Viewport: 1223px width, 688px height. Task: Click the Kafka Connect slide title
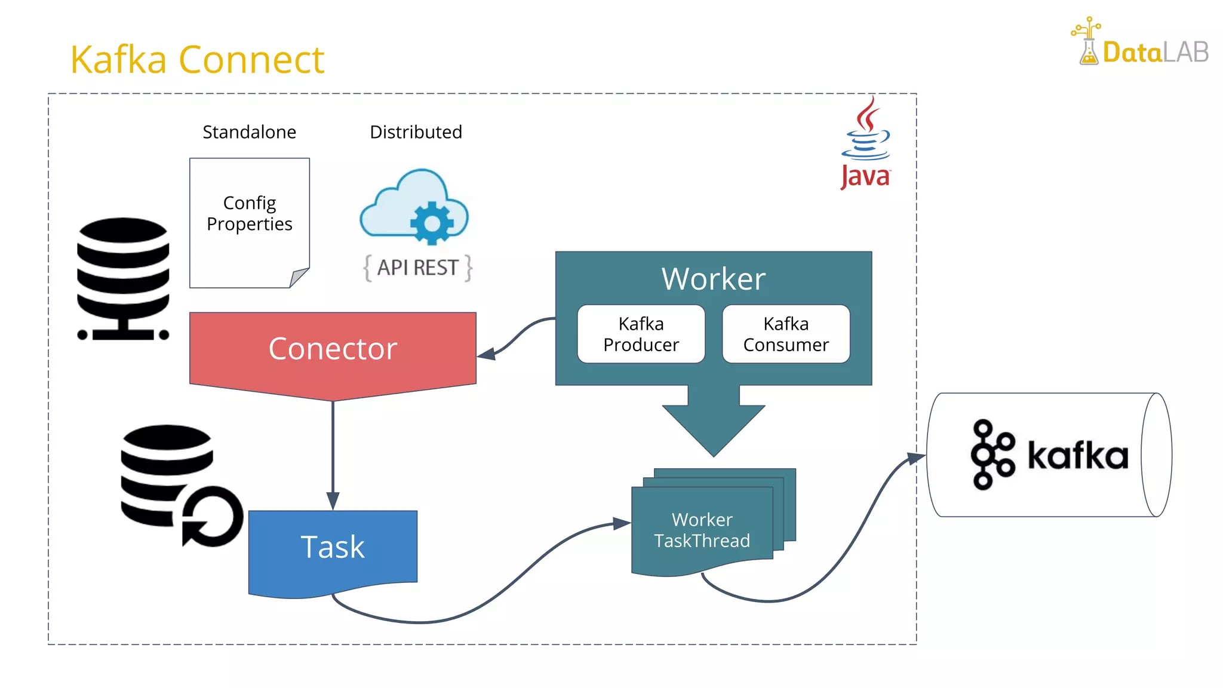tap(197, 60)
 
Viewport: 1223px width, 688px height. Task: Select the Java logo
tap(865, 143)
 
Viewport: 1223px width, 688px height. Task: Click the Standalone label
tap(249, 132)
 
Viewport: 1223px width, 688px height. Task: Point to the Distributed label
tap(416, 132)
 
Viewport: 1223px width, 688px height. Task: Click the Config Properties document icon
tap(249, 222)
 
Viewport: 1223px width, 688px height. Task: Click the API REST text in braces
tap(417, 268)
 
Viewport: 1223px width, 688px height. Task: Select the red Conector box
tap(333, 350)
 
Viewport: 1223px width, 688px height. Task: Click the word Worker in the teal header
tap(713, 279)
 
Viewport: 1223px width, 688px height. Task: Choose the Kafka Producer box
tap(641, 334)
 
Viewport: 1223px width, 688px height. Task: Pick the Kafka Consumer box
tap(786, 334)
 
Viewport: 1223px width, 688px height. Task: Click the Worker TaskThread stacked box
tap(702, 530)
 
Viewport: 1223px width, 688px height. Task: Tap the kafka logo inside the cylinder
tap(1049, 455)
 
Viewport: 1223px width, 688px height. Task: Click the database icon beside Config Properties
tap(123, 278)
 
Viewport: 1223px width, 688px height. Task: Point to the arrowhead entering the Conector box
tap(486, 354)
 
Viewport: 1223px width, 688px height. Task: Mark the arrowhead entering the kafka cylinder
tap(917, 458)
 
